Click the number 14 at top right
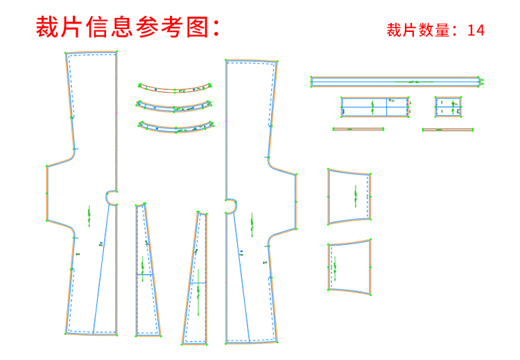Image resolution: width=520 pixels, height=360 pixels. point(476,30)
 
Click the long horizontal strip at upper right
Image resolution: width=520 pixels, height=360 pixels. point(395,82)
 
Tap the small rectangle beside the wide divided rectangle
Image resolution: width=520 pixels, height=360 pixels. point(448,107)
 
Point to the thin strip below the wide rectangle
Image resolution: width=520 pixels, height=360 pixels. point(358,129)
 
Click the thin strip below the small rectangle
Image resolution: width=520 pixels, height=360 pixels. point(448,129)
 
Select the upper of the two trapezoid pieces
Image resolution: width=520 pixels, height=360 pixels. point(349,196)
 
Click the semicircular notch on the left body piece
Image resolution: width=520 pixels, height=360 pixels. point(111,198)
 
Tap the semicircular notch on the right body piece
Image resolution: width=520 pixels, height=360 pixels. point(231,206)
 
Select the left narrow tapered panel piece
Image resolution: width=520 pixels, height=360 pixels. point(147,271)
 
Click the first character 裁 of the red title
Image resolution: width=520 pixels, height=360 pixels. point(48,27)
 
